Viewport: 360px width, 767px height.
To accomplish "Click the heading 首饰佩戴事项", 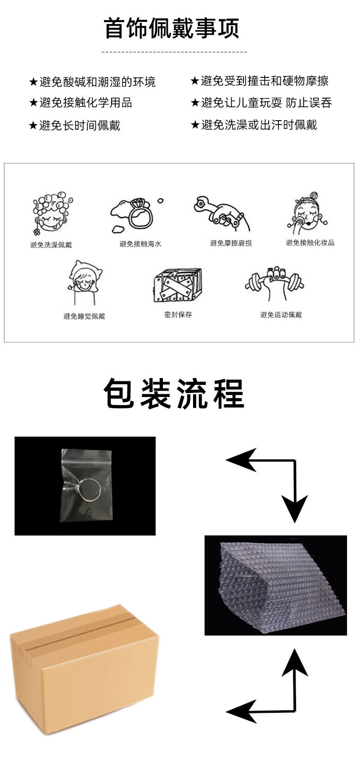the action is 171,28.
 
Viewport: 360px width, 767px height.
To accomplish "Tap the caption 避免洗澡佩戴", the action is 51,245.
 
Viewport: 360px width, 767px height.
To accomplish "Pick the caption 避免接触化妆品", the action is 310,243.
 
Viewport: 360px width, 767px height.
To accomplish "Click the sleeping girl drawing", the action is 84,283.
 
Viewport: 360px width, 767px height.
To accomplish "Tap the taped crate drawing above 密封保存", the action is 177,285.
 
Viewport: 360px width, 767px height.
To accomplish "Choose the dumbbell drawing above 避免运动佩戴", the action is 274,283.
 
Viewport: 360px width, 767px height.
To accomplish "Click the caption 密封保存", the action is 178,314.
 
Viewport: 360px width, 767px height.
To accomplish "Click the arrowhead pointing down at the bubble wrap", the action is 295,509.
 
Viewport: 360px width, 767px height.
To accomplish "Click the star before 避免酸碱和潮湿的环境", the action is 33,82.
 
